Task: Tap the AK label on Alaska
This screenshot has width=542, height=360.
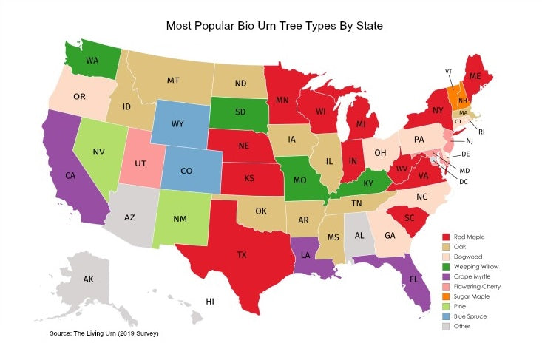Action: tap(88, 279)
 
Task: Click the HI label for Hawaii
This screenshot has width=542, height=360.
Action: tap(210, 302)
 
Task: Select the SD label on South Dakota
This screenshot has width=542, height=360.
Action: tap(240, 113)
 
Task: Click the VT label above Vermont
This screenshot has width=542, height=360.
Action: tap(449, 71)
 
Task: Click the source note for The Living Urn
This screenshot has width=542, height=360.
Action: tap(104, 334)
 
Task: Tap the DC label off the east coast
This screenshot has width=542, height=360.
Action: tap(463, 182)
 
